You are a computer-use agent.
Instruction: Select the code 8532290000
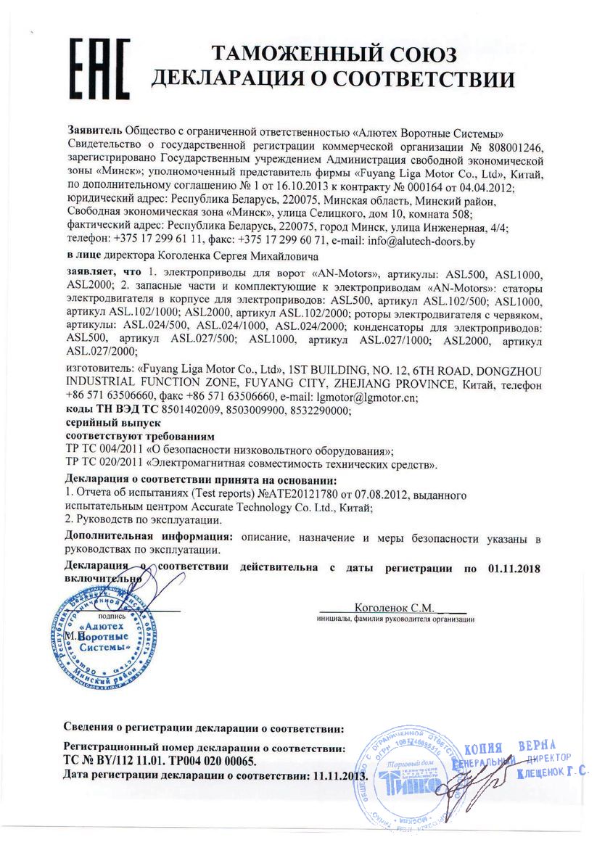pos(320,411)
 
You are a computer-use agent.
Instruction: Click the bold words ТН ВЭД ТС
pos(128,411)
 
